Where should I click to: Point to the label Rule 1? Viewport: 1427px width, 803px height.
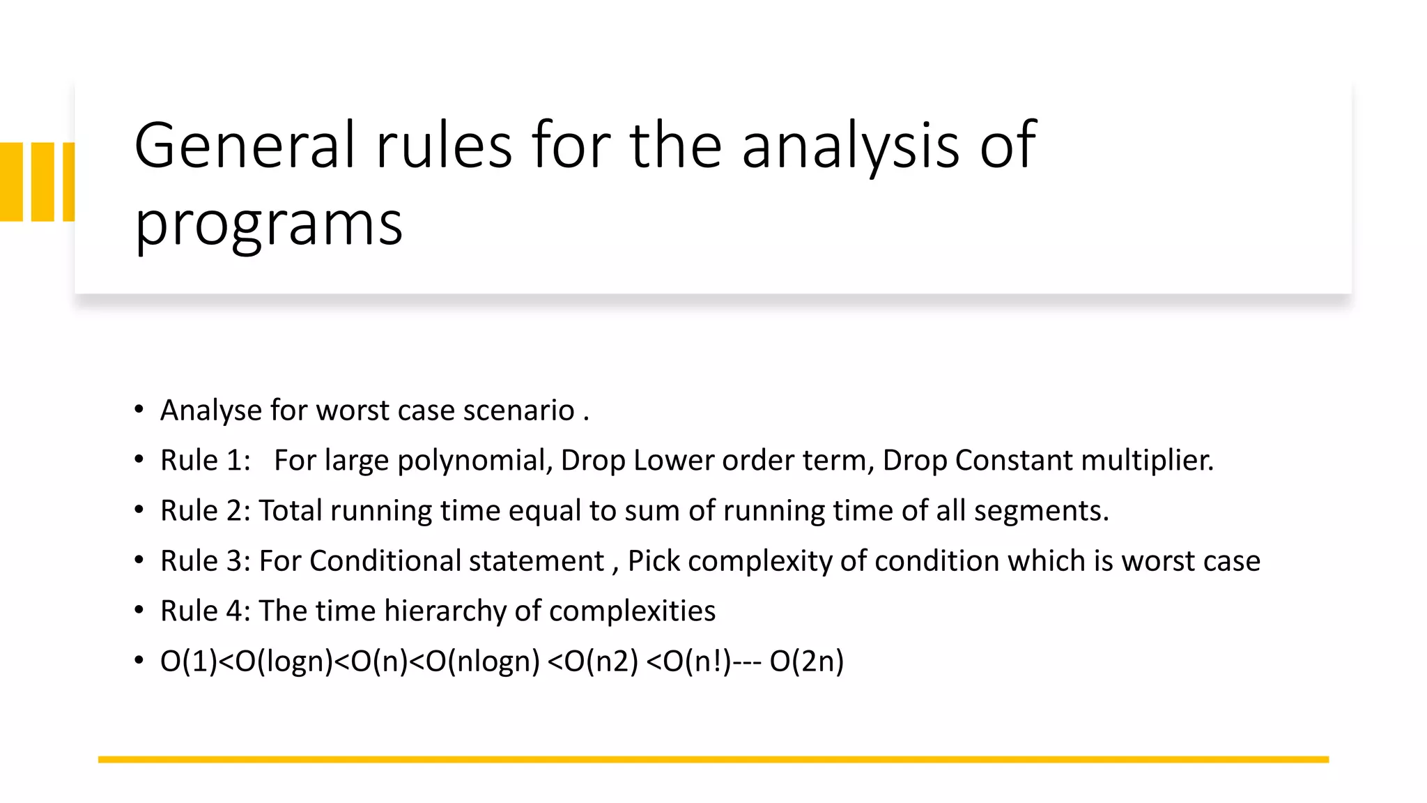click(x=206, y=460)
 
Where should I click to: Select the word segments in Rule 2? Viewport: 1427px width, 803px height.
click(x=1041, y=510)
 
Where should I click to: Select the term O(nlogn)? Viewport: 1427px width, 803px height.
click(x=483, y=661)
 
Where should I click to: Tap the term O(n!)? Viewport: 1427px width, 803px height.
click(x=697, y=661)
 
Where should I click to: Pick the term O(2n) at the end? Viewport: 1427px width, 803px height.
click(x=806, y=661)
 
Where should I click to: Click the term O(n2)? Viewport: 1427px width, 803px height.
click(x=601, y=661)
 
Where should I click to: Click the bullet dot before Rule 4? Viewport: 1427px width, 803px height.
click(x=139, y=611)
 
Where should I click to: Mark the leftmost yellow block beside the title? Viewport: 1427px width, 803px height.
click(x=11, y=182)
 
